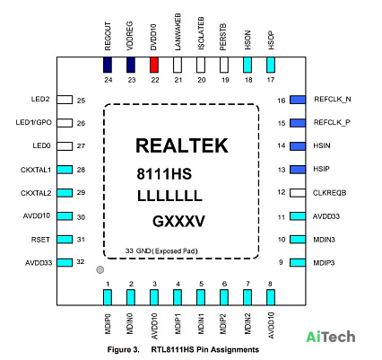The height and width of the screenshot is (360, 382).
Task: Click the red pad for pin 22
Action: pyautogui.click(x=154, y=65)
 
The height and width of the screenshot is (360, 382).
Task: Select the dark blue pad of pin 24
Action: pyautogui.click(x=108, y=65)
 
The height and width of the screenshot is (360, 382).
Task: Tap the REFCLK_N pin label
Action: pyautogui.click(x=333, y=100)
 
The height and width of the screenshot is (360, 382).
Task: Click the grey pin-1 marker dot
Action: pyautogui.click(x=100, y=269)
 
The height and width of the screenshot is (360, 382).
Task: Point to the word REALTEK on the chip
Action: pyautogui.click(x=182, y=145)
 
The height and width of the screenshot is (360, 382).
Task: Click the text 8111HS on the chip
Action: pyautogui.click(x=164, y=174)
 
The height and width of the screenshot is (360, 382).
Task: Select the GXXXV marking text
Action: pyautogui.click(x=178, y=222)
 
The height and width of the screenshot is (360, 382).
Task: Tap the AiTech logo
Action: pyautogui.click(x=331, y=337)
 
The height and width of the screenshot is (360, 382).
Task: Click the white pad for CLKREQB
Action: pyautogui.click(x=298, y=193)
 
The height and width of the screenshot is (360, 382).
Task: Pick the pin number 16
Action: pyautogui.click(x=282, y=101)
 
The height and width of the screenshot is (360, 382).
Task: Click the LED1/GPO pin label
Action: pyautogui.click(x=33, y=123)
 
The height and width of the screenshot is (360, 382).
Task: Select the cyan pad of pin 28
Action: pyautogui.click(x=65, y=170)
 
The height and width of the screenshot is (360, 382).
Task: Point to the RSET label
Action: pyautogui.click(x=40, y=240)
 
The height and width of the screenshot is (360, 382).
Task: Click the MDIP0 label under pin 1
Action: pyautogui.click(x=108, y=324)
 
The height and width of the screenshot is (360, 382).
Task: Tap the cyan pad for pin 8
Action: pyautogui.click(x=271, y=297)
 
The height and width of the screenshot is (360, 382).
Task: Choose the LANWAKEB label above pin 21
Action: pyautogui.click(x=178, y=32)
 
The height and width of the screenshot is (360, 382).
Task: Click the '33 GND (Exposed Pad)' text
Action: pyautogui.click(x=161, y=250)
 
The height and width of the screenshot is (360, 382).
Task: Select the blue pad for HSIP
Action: pyautogui.click(x=298, y=170)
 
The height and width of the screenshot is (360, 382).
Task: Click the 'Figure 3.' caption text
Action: pyautogui.click(x=124, y=349)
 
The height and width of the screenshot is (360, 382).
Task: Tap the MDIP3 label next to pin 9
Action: pyautogui.click(x=324, y=263)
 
